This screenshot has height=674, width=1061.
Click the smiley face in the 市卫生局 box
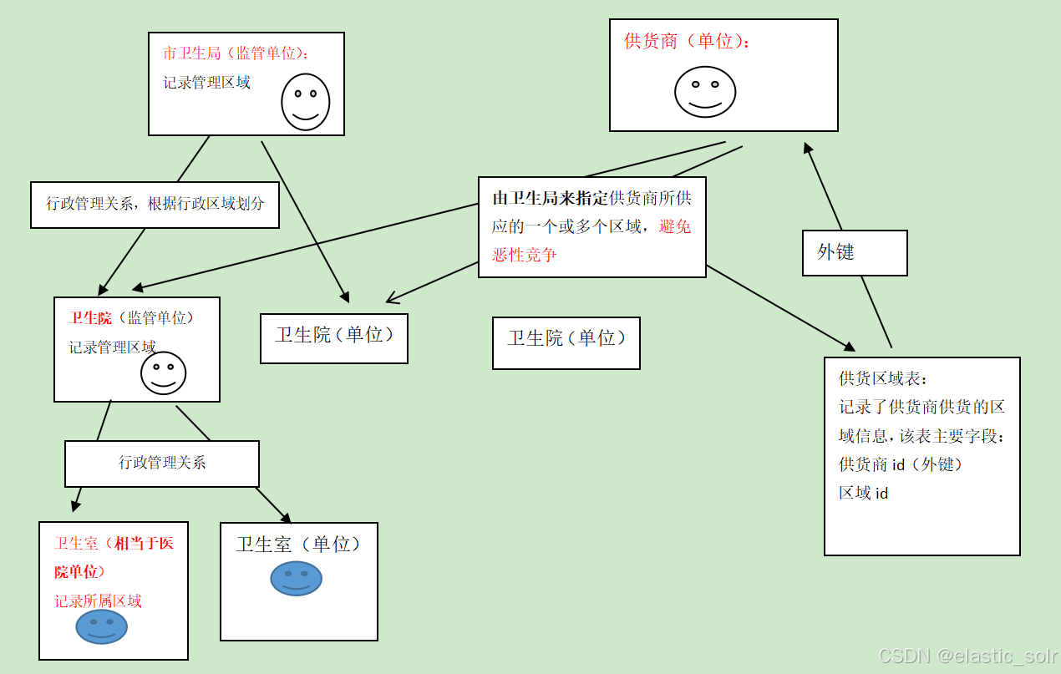tap(305, 102)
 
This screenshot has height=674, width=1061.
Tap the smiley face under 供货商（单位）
tap(705, 91)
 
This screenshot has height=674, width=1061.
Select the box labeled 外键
tap(855, 252)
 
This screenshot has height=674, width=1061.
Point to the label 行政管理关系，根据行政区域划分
tap(155, 204)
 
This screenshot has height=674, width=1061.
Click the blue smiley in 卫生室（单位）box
tap(296, 578)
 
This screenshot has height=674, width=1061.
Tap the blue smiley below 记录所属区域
tap(101, 626)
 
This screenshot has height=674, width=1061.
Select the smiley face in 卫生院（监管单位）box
tap(163, 372)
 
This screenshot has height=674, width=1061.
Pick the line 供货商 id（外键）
tap(901, 464)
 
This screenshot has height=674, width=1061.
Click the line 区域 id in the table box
tap(863, 493)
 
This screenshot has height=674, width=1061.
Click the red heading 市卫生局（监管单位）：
tap(236, 53)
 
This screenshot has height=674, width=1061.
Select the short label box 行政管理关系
tap(162, 463)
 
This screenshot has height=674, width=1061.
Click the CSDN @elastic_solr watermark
tap(967, 656)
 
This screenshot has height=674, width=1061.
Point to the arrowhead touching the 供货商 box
tap(807, 148)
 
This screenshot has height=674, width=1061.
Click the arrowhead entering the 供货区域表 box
tap(850, 347)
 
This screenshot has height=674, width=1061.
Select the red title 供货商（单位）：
tap(687, 41)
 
